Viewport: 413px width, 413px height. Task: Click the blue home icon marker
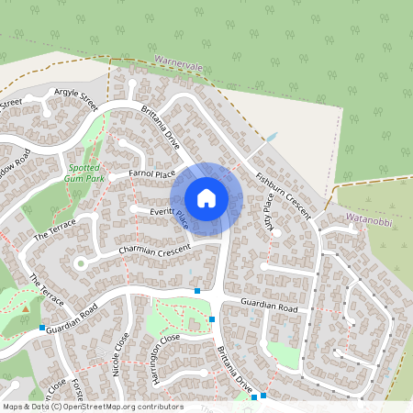[206, 198]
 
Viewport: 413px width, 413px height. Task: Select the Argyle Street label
[75, 94]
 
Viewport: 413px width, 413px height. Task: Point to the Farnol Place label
[151, 173]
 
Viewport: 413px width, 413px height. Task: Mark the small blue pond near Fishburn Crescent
[271, 139]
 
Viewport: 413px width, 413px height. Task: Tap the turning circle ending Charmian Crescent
[80, 263]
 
